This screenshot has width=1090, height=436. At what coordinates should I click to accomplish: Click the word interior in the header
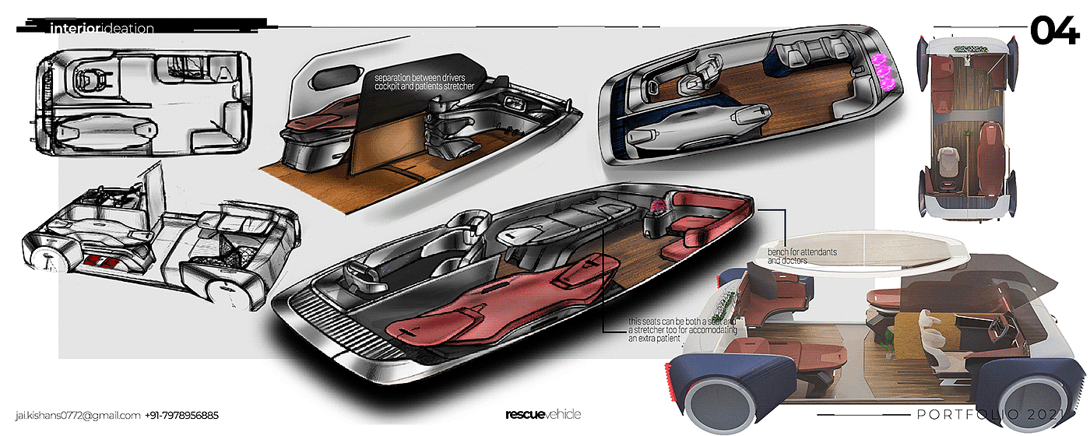[x=71, y=29]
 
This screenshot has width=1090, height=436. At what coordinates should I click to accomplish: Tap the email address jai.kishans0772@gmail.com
[x=77, y=415]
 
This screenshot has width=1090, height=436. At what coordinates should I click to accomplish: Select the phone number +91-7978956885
[x=182, y=415]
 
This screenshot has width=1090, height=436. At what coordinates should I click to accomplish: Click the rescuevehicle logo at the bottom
[x=543, y=414]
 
